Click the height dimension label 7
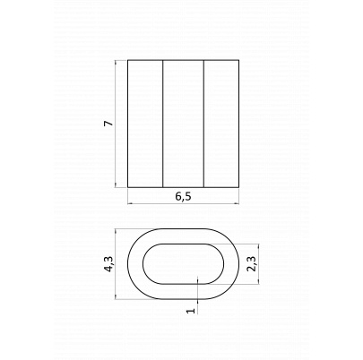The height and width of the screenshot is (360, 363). (x=109, y=123)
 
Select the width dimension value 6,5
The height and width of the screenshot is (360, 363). (x=183, y=196)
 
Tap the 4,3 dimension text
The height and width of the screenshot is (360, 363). (x=109, y=264)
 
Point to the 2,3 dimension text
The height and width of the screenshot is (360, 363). (x=252, y=264)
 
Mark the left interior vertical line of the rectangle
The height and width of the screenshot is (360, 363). (x=163, y=124)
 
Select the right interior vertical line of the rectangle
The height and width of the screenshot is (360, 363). (x=203, y=124)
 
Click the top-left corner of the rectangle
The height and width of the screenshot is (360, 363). (x=128, y=60)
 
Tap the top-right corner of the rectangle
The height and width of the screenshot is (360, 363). (x=239, y=60)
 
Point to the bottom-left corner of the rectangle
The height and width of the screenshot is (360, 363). (x=128, y=187)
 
